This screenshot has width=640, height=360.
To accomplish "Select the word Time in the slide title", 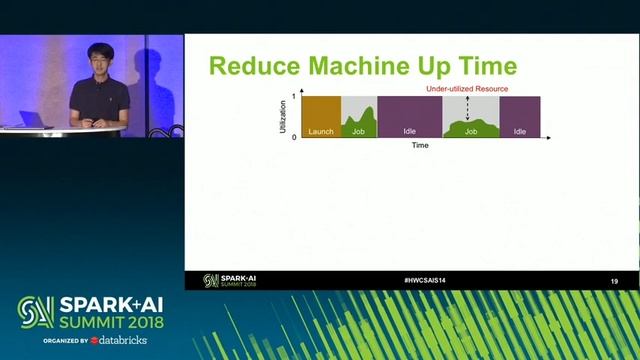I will pos(485,67).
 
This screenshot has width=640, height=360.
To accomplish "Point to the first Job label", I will pos(358,131).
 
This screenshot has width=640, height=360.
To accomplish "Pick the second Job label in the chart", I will pos(470,131).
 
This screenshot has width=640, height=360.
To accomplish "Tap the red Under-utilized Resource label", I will pos(467,89).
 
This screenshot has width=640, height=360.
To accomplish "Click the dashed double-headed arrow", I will pos(469,109).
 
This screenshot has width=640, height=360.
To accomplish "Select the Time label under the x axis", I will pos(420,146).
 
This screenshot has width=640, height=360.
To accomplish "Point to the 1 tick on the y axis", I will pos(294,96).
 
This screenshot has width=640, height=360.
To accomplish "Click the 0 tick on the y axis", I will pos(294,137).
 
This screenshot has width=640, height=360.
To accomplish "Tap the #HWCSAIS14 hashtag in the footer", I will pos(424,280).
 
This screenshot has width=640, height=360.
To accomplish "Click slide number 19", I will pos(614,281).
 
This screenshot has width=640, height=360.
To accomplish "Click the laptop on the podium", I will pos(30,119).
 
